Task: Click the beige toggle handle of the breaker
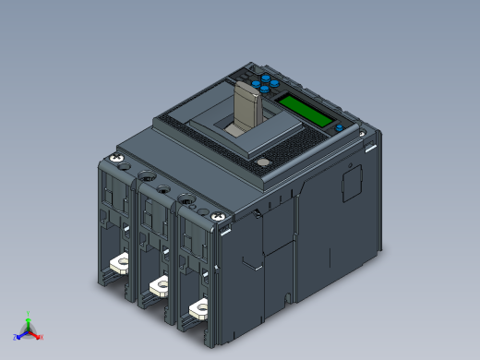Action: pyautogui.click(x=248, y=106)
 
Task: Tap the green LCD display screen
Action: pyautogui.click(x=304, y=108)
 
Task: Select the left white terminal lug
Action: pyautogui.click(x=117, y=264)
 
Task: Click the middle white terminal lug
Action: pyautogui.click(x=158, y=285)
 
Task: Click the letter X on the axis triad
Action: pyautogui.click(x=41, y=336)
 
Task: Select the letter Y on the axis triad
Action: pyautogui.click(x=29, y=314)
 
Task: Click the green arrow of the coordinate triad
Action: pyautogui.click(x=29, y=322)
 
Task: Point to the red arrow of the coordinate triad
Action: pyautogui.click(x=35, y=334)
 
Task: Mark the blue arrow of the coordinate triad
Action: pyautogui.click(x=22, y=334)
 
